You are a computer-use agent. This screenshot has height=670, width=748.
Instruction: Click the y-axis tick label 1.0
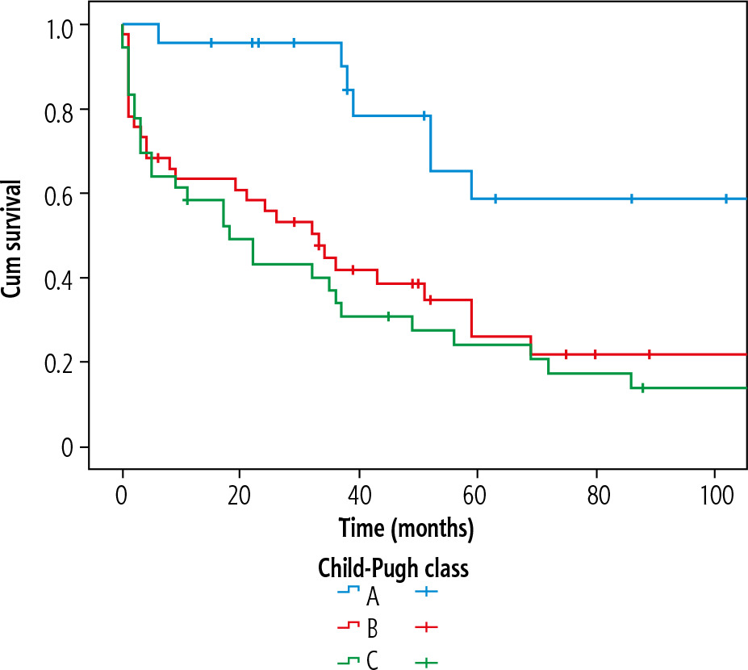coord(60,25)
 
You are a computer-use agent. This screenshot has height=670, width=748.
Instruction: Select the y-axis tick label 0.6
coord(60,194)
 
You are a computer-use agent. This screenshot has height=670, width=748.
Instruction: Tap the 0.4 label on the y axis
coord(60,278)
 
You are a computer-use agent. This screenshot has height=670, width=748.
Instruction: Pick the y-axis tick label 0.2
coord(60,362)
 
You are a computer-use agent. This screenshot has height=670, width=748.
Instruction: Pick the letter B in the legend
coord(372,627)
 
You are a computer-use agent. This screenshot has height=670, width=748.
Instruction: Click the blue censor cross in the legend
coord(426,595)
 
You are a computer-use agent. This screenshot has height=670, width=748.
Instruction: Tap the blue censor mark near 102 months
coord(726,198)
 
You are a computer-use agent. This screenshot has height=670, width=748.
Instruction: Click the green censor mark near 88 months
coord(642,387)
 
